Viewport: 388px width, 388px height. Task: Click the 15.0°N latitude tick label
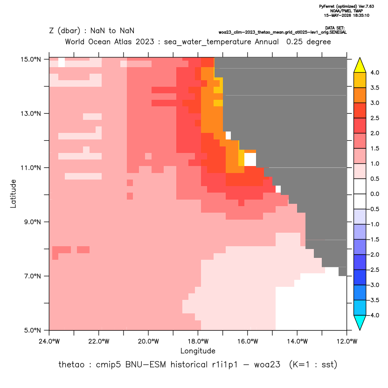pyautogui.click(x=31, y=59)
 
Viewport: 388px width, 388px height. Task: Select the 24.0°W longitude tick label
pyautogui.click(x=49, y=341)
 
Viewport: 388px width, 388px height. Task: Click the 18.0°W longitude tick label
pyautogui.click(x=198, y=341)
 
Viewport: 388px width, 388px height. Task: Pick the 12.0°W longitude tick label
pyautogui.click(x=346, y=341)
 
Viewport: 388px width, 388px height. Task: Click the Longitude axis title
pyautogui.click(x=198, y=351)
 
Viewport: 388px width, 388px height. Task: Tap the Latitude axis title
pyautogui.click(x=13, y=194)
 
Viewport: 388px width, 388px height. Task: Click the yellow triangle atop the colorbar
pyautogui.click(x=360, y=65)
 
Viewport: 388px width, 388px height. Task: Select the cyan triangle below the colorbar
pyautogui.click(x=360, y=323)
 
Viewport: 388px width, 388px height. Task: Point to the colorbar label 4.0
pyautogui.click(x=374, y=72)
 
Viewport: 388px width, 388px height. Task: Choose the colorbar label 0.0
pyautogui.click(x=374, y=194)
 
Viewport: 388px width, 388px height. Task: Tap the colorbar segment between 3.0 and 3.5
pyautogui.click(x=360, y=95)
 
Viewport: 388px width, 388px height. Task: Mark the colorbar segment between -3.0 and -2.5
pyautogui.click(x=360, y=277)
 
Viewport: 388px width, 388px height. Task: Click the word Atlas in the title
pyautogui.click(x=123, y=42)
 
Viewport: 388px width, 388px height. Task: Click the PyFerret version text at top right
pyautogui.click(x=346, y=7)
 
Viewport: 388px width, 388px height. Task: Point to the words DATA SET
pyautogui.click(x=335, y=28)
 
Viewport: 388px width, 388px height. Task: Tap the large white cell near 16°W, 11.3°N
pyautogui.click(x=250, y=159)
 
